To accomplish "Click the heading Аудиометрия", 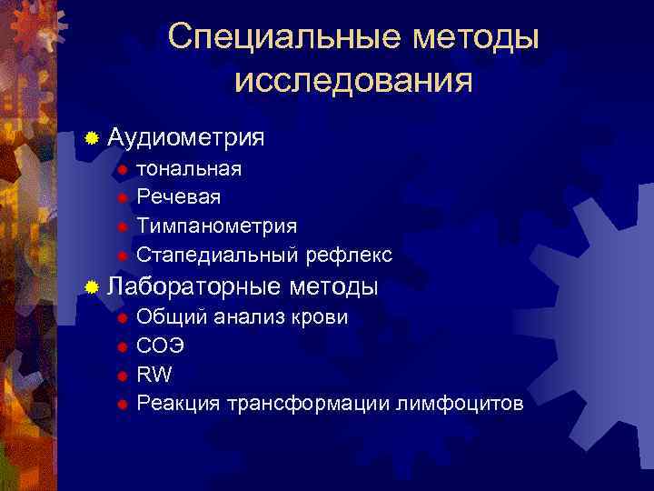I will pyautogui.click(x=186, y=138).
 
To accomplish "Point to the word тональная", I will pyautogui.click(x=189, y=168).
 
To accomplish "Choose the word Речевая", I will pyautogui.click(x=178, y=196).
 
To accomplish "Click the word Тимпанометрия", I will pyautogui.click(x=216, y=225).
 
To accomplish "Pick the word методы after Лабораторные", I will pyautogui.click(x=335, y=286).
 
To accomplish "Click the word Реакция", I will pyautogui.click(x=178, y=403).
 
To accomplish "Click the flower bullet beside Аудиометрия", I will pyautogui.click(x=91, y=139).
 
